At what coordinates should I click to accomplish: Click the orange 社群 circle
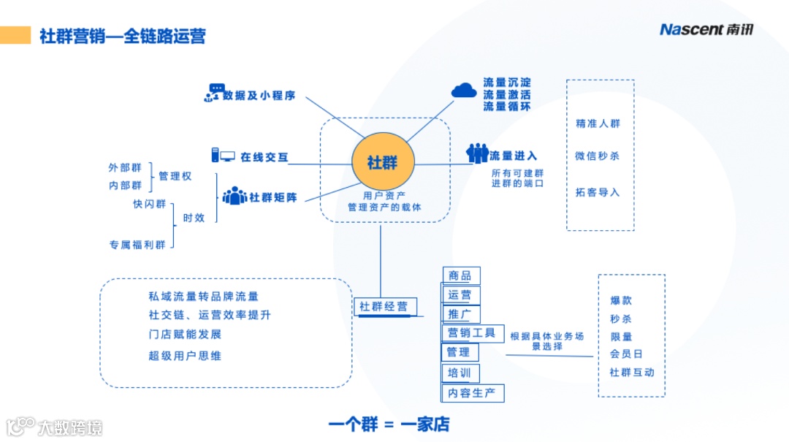383,162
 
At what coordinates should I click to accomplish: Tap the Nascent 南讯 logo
706,29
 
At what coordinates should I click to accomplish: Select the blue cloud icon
464,91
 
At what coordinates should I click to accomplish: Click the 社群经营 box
383,307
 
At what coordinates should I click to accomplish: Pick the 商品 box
461,275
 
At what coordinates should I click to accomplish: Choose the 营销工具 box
472,333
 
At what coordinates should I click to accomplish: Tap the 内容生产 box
473,393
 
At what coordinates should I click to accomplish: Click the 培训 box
461,373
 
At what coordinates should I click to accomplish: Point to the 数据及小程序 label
259,95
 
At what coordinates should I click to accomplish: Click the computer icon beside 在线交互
222,156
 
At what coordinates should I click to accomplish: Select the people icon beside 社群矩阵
235,197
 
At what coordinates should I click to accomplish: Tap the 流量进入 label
514,156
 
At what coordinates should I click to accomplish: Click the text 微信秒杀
598,156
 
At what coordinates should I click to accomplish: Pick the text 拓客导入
598,192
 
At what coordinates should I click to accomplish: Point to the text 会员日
626,354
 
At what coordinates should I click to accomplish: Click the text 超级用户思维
185,356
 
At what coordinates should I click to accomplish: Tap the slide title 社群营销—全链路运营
123,36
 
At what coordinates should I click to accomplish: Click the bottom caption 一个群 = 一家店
389,424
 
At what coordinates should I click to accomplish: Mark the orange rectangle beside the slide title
15,35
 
